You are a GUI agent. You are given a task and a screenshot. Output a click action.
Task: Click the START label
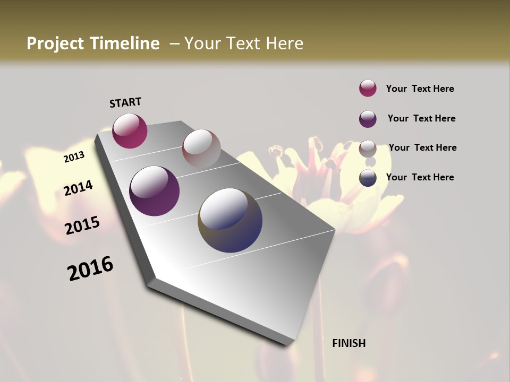(x=125, y=102)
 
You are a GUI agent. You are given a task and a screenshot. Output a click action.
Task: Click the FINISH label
(x=348, y=343)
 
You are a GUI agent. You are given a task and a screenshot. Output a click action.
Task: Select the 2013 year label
(x=74, y=157)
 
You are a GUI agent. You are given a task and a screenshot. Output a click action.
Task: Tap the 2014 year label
(x=79, y=188)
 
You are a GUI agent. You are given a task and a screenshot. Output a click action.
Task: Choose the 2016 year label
(x=90, y=268)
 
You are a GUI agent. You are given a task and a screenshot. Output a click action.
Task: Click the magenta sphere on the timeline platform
(x=130, y=131)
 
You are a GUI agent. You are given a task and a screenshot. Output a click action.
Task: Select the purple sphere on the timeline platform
(x=154, y=191)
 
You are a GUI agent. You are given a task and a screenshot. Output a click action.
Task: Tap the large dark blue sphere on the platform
(x=230, y=220)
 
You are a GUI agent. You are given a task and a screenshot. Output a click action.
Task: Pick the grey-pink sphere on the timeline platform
(x=201, y=149)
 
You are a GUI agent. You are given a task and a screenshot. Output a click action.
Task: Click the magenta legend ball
(x=368, y=89)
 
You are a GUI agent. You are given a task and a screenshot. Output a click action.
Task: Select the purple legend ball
(x=368, y=119)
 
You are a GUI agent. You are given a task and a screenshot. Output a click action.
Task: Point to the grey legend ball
(x=368, y=149)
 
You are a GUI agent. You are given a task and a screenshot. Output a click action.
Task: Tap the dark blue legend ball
(x=368, y=178)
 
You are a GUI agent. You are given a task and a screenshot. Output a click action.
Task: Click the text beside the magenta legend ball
(x=420, y=89)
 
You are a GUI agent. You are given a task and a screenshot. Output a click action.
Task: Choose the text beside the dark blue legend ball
(x=420, y=177)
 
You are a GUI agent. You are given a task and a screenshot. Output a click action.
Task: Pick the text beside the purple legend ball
(x=421, y=118)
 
